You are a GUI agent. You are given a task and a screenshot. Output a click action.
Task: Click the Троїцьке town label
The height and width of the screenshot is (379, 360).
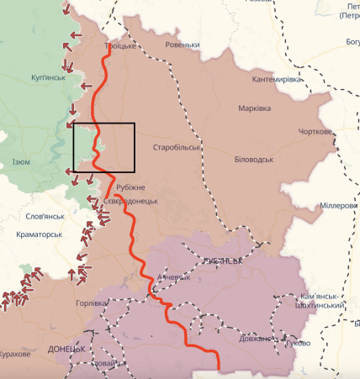pos(119,46)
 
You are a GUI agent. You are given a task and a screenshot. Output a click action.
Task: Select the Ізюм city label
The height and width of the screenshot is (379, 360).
pos(21,162)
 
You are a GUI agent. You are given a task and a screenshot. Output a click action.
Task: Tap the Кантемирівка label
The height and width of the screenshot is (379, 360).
pos(277,79)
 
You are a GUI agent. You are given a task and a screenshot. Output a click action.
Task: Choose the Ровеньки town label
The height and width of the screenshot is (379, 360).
pos(183,45)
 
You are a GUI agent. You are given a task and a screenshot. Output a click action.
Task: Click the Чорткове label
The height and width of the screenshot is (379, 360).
pos(317,132)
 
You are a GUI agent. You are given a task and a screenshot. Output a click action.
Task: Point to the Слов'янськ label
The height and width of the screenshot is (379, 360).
pos(45,217)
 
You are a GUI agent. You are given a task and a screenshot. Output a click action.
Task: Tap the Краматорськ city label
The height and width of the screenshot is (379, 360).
pos(40,234)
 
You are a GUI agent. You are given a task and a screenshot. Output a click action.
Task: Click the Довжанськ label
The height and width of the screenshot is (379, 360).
pos(256,339)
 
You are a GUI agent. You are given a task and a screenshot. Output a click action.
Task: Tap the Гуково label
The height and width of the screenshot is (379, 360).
pos(296,343)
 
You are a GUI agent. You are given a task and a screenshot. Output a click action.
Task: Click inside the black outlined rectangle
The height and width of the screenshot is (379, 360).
pos(103,147)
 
